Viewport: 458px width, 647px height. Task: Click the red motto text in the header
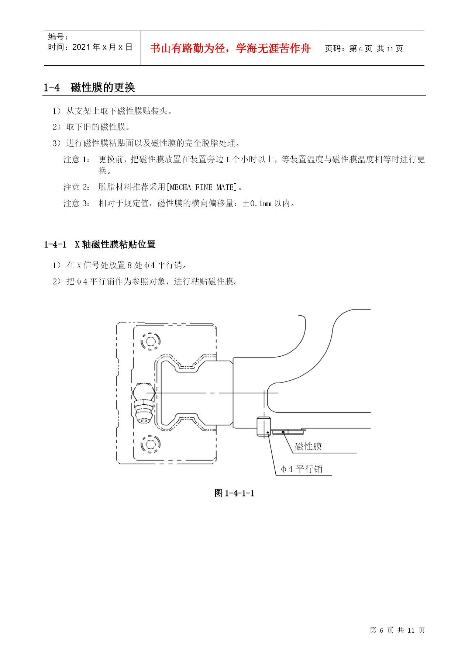click(230, 48)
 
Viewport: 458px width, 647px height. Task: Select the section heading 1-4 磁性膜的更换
click(89, 87)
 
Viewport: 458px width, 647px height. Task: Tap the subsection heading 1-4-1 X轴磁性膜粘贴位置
click(100, 244)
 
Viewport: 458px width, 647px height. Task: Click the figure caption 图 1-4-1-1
click(234, 493)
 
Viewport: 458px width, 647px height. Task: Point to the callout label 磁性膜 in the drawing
click(308, 446)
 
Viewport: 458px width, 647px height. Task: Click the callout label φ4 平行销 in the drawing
click(302, 469)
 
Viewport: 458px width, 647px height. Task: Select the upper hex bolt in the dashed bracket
click(150, 341)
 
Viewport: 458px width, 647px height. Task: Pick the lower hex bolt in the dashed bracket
click(150, 444)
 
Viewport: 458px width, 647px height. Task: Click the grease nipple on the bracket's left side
click(144, 403)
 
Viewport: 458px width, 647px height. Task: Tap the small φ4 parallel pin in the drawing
click(264, 426)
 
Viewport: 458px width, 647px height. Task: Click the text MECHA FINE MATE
click(202, 187)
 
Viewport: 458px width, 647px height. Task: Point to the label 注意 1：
click(77, 159)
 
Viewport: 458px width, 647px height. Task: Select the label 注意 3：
click(77, 203)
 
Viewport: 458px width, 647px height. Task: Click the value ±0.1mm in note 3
click(257, 203)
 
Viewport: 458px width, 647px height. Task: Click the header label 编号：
click(58, 37)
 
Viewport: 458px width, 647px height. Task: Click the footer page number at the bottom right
click(397, 630)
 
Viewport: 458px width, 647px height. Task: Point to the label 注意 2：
click(77, 187)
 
